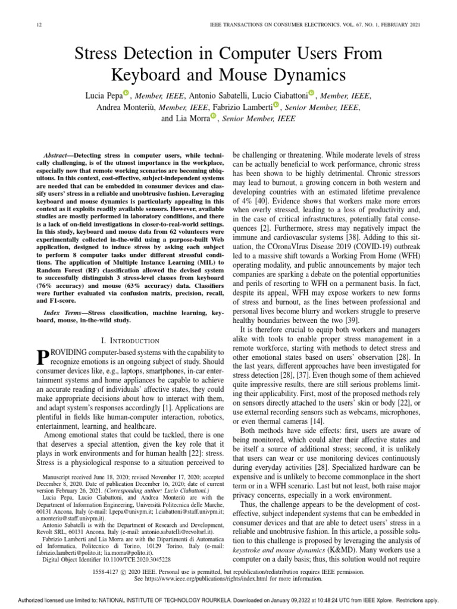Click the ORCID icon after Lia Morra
pos(213,117)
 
